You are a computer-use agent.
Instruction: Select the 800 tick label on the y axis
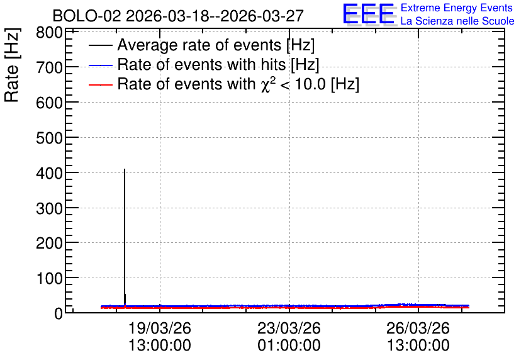pos(49,33)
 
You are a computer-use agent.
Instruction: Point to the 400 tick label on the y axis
pos(49,173)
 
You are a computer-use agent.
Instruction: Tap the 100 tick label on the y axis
pos(49,278)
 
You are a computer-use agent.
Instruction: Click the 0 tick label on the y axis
pos(59,313)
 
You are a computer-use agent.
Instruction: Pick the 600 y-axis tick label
pos(49,103)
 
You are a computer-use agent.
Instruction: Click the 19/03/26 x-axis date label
pos(160,328)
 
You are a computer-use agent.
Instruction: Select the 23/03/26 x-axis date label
pos(289,328)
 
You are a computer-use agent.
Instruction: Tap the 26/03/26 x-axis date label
pos(418,328)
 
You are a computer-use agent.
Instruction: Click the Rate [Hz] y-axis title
pos(12,65)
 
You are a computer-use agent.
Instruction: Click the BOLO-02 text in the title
pos(87,16)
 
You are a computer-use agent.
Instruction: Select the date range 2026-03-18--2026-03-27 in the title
pos(215,16)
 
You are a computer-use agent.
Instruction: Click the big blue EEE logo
pos(368,14)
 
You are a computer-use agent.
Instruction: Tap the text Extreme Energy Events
pos(457,8)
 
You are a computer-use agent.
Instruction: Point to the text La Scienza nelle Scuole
pos(457,21)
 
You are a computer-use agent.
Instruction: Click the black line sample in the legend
pos(101,45)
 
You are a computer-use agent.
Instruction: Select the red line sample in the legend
pos(101,84)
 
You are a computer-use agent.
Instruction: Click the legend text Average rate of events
pos(199,45)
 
